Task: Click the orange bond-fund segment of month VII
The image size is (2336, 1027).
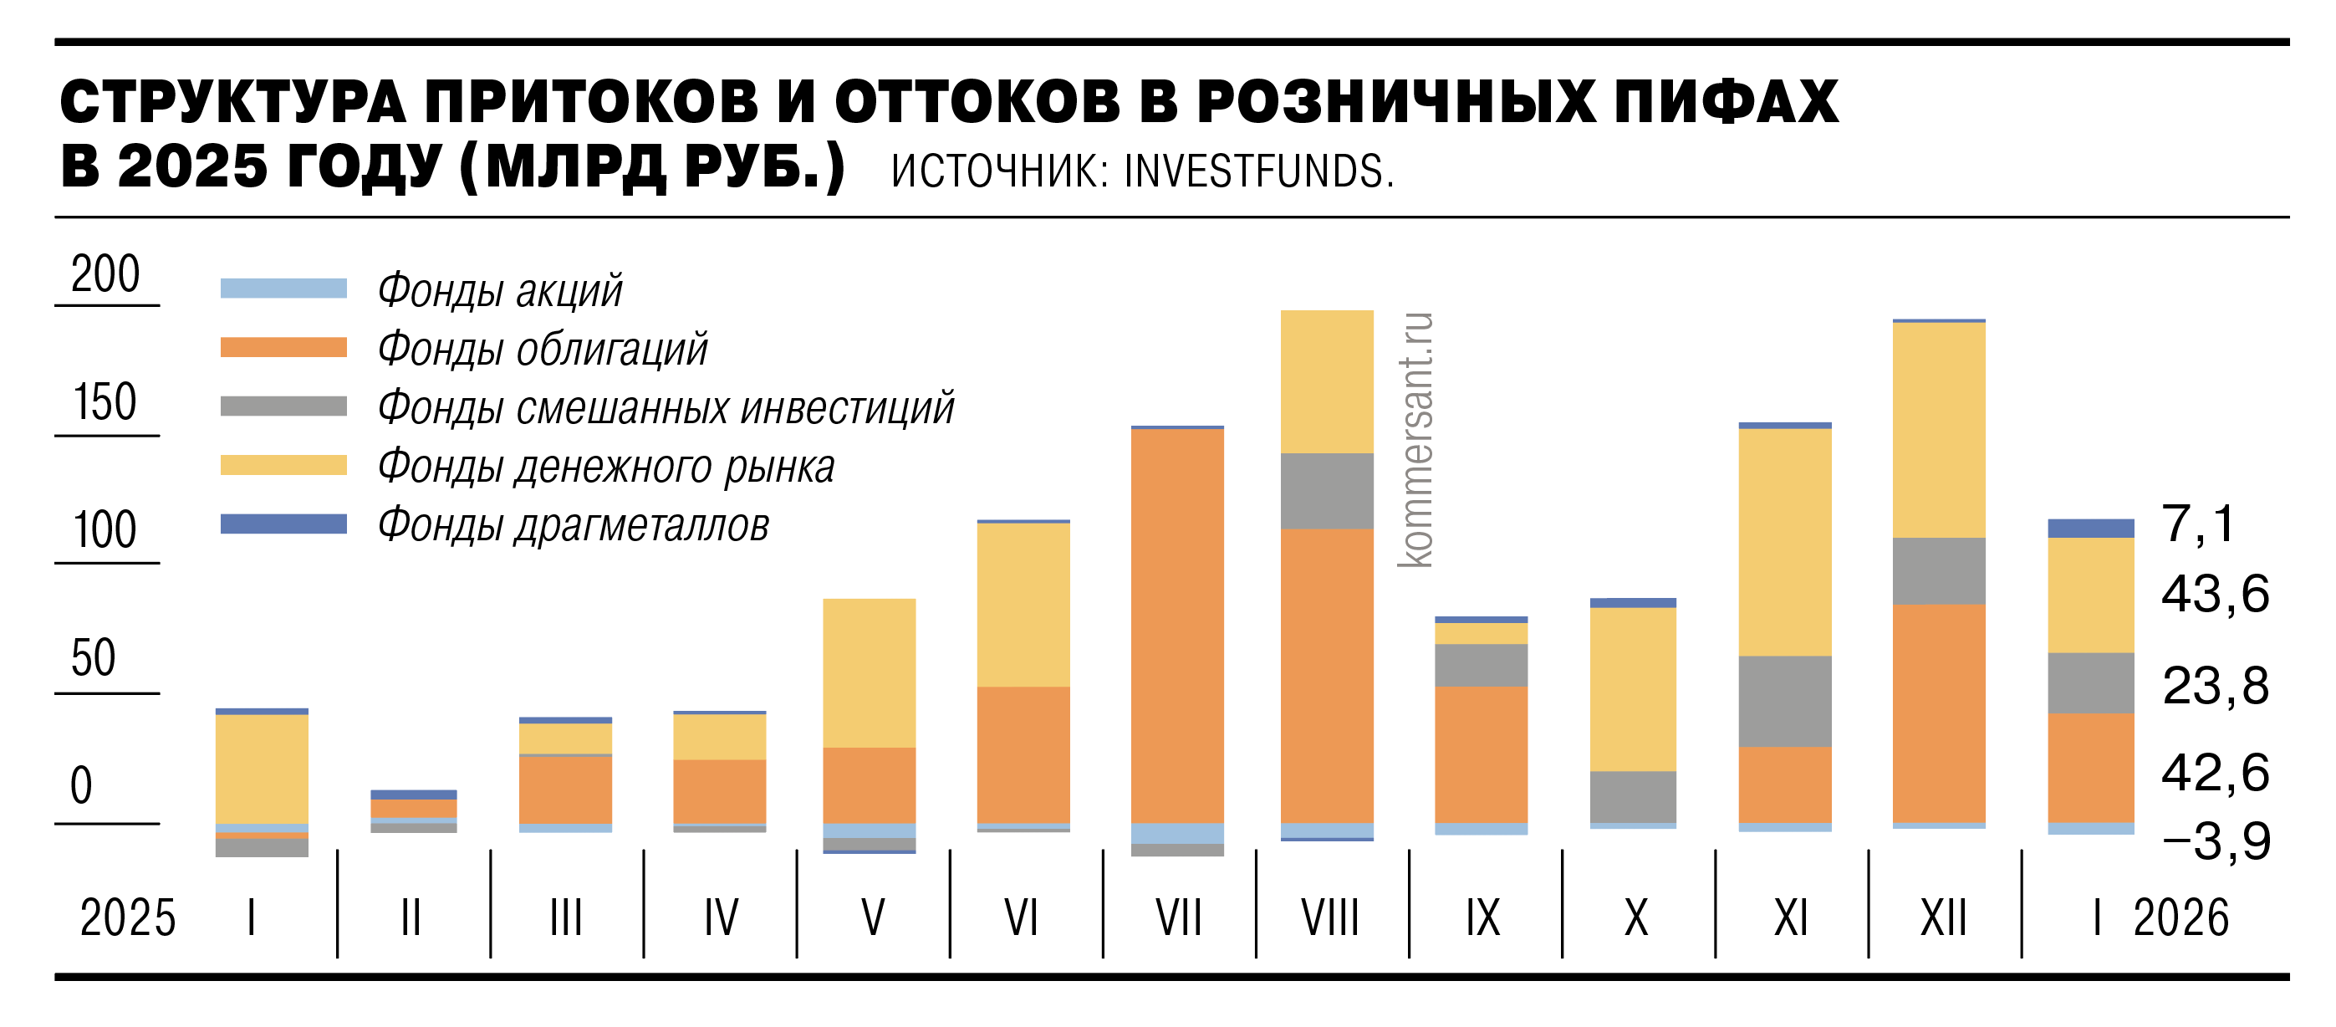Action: [x=1177, y=626]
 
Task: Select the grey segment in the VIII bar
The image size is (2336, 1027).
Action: [x=1327, y=491]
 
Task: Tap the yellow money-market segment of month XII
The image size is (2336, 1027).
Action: [x=1939, y=430]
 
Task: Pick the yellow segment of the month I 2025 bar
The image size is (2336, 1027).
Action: [x=261, y=769]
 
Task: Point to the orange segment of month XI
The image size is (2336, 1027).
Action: [x=1785, y=784]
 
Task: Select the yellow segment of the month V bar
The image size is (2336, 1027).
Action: [x=869, y=672]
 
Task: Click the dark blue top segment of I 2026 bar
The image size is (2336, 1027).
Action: [x=2090, y=528]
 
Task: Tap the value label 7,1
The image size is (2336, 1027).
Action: [x=2198, y=524]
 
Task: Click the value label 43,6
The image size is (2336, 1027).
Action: [x=2215, y=595]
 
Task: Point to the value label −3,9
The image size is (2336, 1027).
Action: [x=2216, y=842]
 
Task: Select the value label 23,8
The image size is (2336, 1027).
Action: [x=2215, y=686]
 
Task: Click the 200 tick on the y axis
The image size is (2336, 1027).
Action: [x=105, y=274]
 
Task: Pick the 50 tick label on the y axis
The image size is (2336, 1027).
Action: [x=94, y=657]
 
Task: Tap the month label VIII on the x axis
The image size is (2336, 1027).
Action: [x=1330, y=918]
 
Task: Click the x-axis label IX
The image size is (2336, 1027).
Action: [x=1482, y=918]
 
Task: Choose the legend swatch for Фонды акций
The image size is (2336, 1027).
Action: [x=283, y=289]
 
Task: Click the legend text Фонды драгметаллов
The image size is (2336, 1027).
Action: [x=573, y=526]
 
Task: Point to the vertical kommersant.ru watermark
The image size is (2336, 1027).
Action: [x=1415, y=440]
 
